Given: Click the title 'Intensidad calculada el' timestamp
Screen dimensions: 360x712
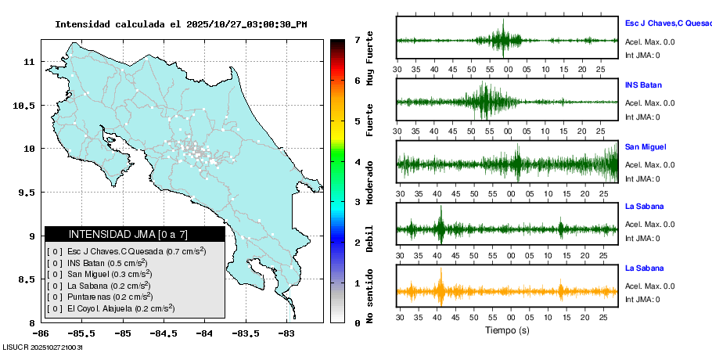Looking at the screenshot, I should tap(181, 24).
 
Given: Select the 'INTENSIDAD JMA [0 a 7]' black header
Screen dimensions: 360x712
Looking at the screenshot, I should tap(135, 234).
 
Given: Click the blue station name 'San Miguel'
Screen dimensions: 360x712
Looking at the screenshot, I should tap(645, 146).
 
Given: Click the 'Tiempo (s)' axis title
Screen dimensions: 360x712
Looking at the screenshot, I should tap(508, 330).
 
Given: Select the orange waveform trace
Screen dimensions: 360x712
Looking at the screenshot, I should tap(507, 292).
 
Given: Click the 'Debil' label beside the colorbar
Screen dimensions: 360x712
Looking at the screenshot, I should tap(370, 238).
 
